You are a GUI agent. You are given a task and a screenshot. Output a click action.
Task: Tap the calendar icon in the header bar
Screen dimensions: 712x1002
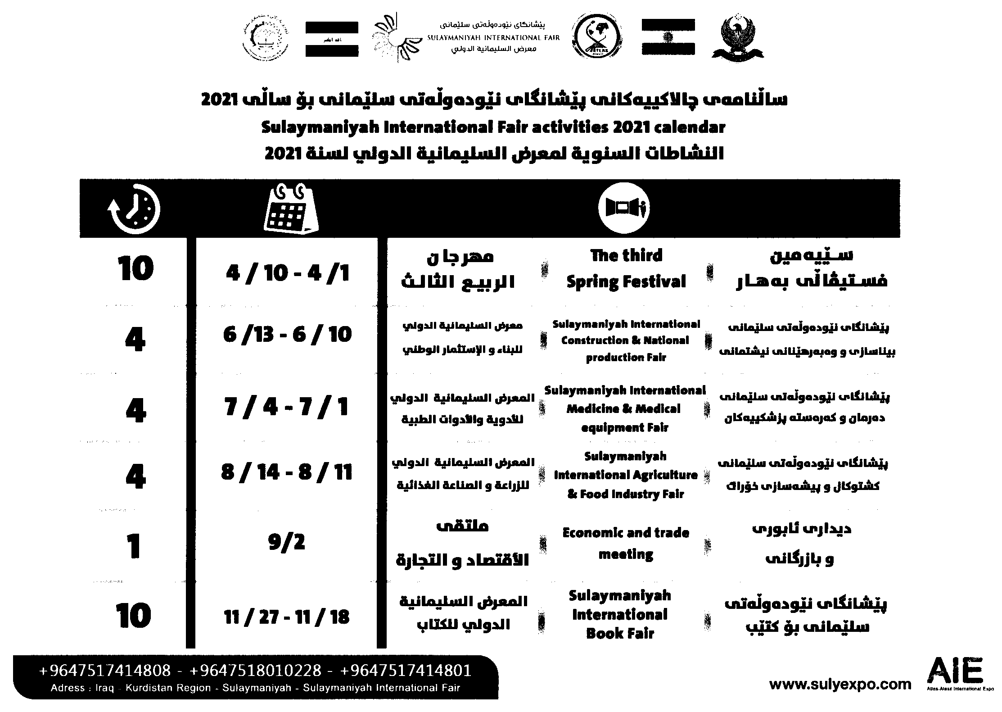pyautogui.click(x=290, y=209)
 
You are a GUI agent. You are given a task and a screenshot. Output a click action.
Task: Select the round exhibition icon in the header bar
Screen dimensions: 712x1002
pyautogui.click(x=623, y=208)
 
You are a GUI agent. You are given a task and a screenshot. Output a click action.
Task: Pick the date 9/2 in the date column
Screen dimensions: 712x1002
pyautogui.click(x=287, y=542)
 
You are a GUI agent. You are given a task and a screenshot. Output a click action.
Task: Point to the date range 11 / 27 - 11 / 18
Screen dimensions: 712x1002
pyautogui.click(x=287, y=617)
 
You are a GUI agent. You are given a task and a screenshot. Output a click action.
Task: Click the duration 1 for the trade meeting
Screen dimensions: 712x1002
pyautogui.click(x=134, y=547)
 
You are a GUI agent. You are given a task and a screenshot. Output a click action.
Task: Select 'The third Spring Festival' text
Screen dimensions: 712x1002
pyautogui.click(x=626, y=269)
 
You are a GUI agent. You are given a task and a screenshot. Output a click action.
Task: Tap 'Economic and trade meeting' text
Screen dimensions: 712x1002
pyautogui.click(x=626, y=543)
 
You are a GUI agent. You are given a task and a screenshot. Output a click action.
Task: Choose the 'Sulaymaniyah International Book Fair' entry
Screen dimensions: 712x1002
pyautogui.click(x=620, y=614)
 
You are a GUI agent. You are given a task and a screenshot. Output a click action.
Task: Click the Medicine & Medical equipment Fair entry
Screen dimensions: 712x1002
pyautogui.click(x=625, y=408)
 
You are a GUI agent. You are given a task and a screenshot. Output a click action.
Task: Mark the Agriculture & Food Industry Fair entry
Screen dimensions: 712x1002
pyautogui.click(x=625, y=475)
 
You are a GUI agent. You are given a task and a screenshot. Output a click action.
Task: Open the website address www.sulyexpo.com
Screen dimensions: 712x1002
pyautogui.click(x=840, y=685)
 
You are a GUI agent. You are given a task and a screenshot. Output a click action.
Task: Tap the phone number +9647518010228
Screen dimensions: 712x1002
pyautogui.click(x=256, y=671)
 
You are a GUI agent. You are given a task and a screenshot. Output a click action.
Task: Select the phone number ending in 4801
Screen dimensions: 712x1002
pyautogui.click(x=406, y=671)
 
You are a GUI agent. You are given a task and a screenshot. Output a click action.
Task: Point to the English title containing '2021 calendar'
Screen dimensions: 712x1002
pyautogui.click(x=493, y=127)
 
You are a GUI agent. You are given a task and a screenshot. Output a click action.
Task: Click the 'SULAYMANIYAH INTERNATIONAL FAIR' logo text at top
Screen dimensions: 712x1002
pyautogui.click(x=493, y=38)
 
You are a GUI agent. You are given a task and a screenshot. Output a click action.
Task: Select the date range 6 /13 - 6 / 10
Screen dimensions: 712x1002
pyautogui.click(x=287, y=334)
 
